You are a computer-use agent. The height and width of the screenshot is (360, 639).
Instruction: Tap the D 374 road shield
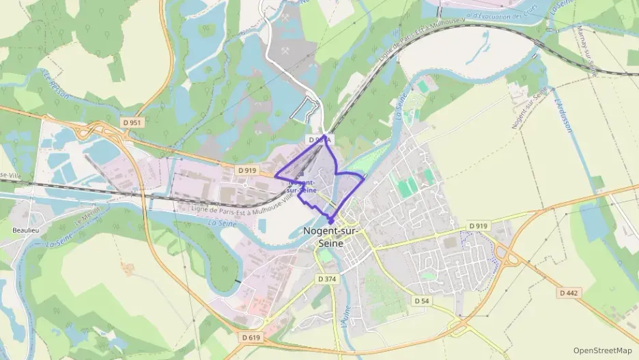[x=328, y=279]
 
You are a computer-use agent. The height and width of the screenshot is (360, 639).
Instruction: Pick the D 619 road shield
[x=251, y=337]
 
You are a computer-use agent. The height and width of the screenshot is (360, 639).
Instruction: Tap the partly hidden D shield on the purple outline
[x=319, y=139]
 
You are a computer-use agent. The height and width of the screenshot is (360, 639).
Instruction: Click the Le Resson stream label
[x=55, y=85]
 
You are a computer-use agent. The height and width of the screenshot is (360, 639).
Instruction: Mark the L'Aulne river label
[x=346, y=324]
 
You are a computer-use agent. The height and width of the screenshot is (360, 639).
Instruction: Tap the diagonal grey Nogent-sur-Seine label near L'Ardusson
[x=529, y=109]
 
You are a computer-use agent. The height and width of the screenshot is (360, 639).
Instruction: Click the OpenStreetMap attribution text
[x=603, y=350]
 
